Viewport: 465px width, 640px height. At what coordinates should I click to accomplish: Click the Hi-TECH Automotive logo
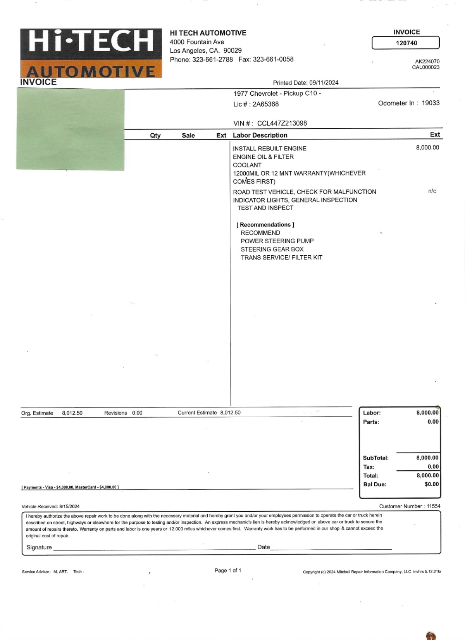pyautogui.click(x=91, y=53)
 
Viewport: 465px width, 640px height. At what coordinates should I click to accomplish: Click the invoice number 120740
pyautogui.click(x=406, y=43)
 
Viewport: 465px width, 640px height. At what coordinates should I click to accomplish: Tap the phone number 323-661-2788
pyautogui.click(x=213, y=60)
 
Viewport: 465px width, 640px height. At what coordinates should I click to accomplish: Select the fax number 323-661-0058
pyautogui.click(x=273, y=60)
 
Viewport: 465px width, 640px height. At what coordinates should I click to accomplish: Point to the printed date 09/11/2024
pyautogui.click(x=324, y=83)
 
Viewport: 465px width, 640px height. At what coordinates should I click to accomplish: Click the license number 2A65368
pyautogui.click(x=265, y=104)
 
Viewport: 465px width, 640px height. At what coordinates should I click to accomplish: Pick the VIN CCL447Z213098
pyautogui.click(x=282, y=124)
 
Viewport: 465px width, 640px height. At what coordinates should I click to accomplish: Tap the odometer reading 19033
pyautogui.click(x=431, y=103)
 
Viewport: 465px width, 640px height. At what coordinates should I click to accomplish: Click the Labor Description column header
pyautogui.click(x=260, y=135)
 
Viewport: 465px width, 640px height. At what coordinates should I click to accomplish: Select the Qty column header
pyautogui.click(x=155, y=136)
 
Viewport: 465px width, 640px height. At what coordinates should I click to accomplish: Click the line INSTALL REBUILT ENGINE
pyautogui.click(x=270, y=148)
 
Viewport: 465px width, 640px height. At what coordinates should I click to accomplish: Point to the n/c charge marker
pyautogui.click(x=432, y=191)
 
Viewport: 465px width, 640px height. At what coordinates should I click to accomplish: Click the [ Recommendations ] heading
pyautogui.click(x=265, y=225)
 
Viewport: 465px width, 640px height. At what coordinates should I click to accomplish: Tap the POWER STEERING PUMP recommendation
pyautogui.click(x=277, y=241)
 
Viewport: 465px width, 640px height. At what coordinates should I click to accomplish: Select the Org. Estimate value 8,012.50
pyautogui.click(x=72, y=413)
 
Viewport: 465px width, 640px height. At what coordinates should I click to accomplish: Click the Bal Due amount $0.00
pyautogui.click(x=431, y=484)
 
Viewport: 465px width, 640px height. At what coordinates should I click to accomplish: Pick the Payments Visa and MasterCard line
pyautogui.click(x=70, y=487)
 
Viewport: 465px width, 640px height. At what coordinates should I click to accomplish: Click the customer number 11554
pyautogui.click(x=433, y=506)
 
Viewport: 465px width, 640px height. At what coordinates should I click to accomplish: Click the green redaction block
pyautogui.click(x=71, y=129)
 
